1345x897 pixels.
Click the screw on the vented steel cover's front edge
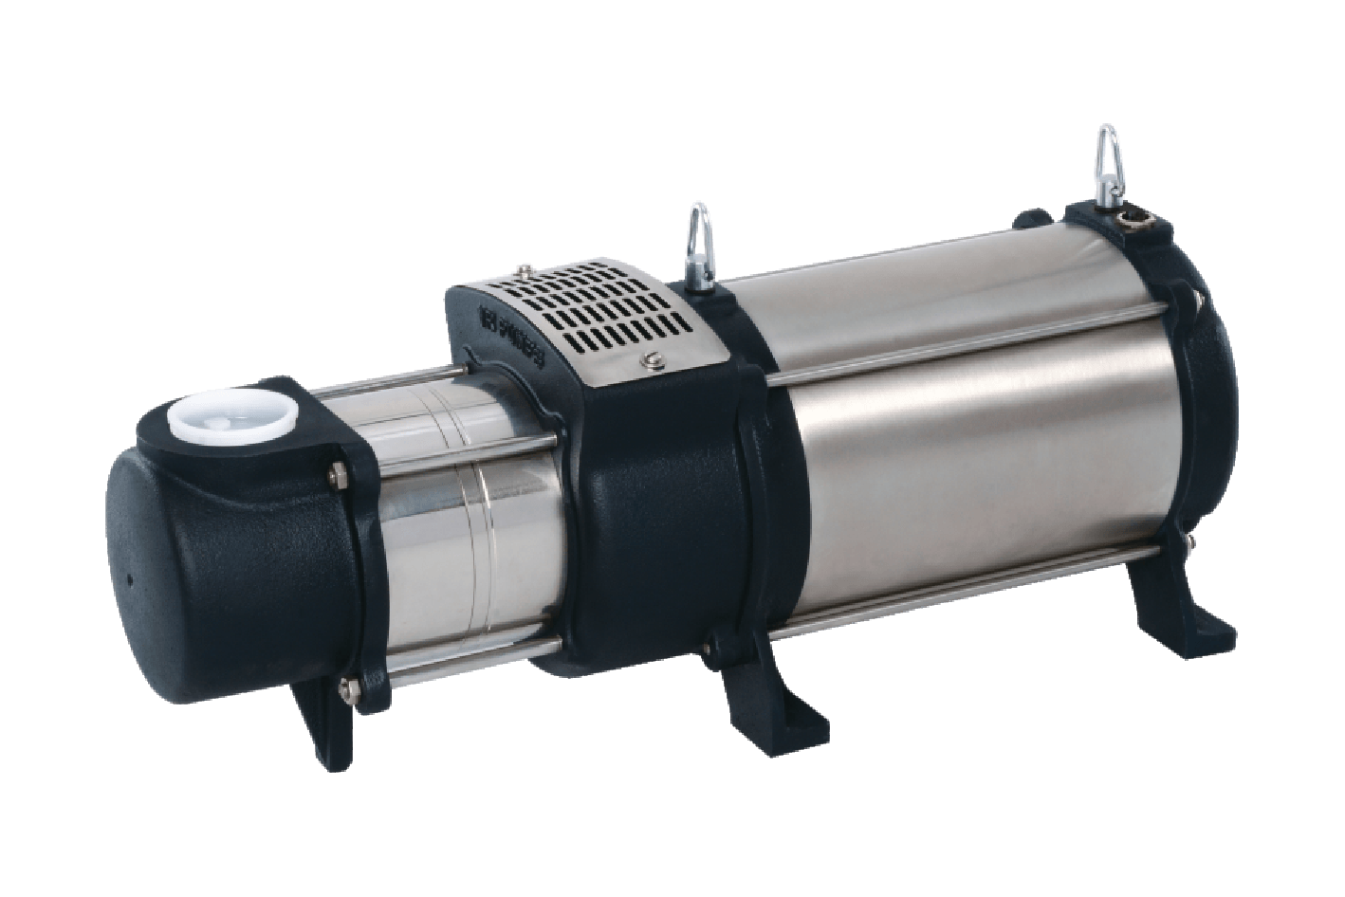[650, 359]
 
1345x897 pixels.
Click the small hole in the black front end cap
[129, 576]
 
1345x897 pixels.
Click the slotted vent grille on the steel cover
[588, 308]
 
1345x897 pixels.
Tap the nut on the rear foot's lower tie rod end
[1188, 544]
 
